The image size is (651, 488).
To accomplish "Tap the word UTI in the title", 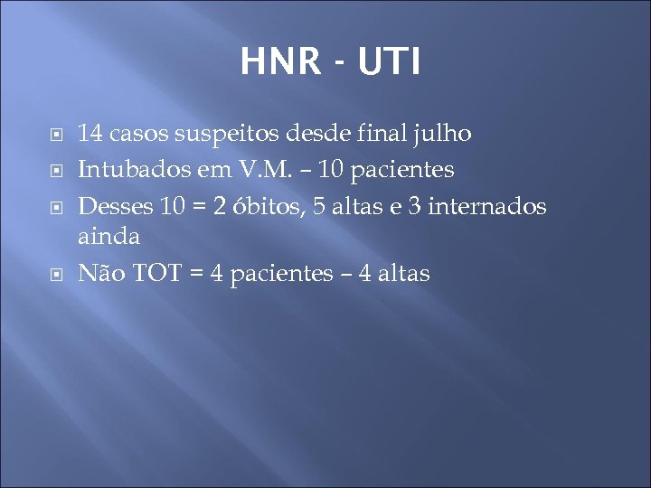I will click(x=388, y=62).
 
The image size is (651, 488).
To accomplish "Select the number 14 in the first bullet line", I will click(x=90, y=135).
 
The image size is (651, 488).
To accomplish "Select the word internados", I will click(x=488, y=206).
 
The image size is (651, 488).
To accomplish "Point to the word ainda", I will click(x=108, y=237).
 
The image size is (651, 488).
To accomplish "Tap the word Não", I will click(x=102, y=273).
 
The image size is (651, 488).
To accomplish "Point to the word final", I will click(x=382, y=135).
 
